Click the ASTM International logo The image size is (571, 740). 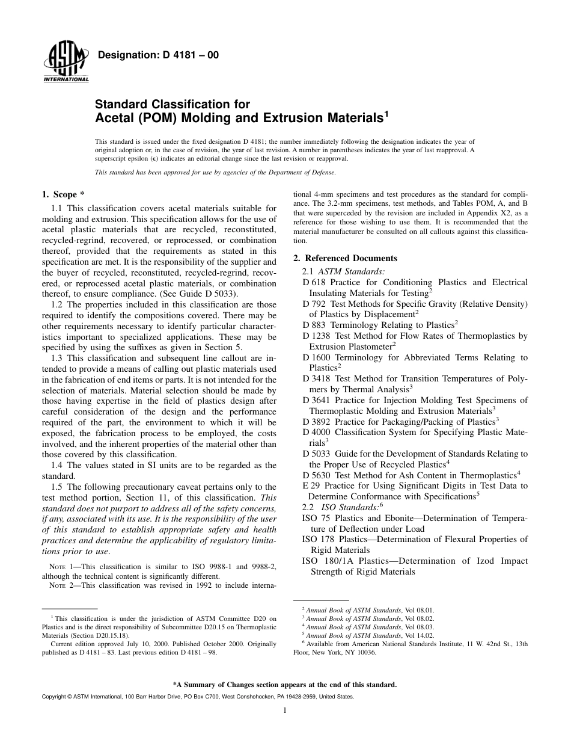tap(66, 63)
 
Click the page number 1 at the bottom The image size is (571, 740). tap(285, 711)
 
